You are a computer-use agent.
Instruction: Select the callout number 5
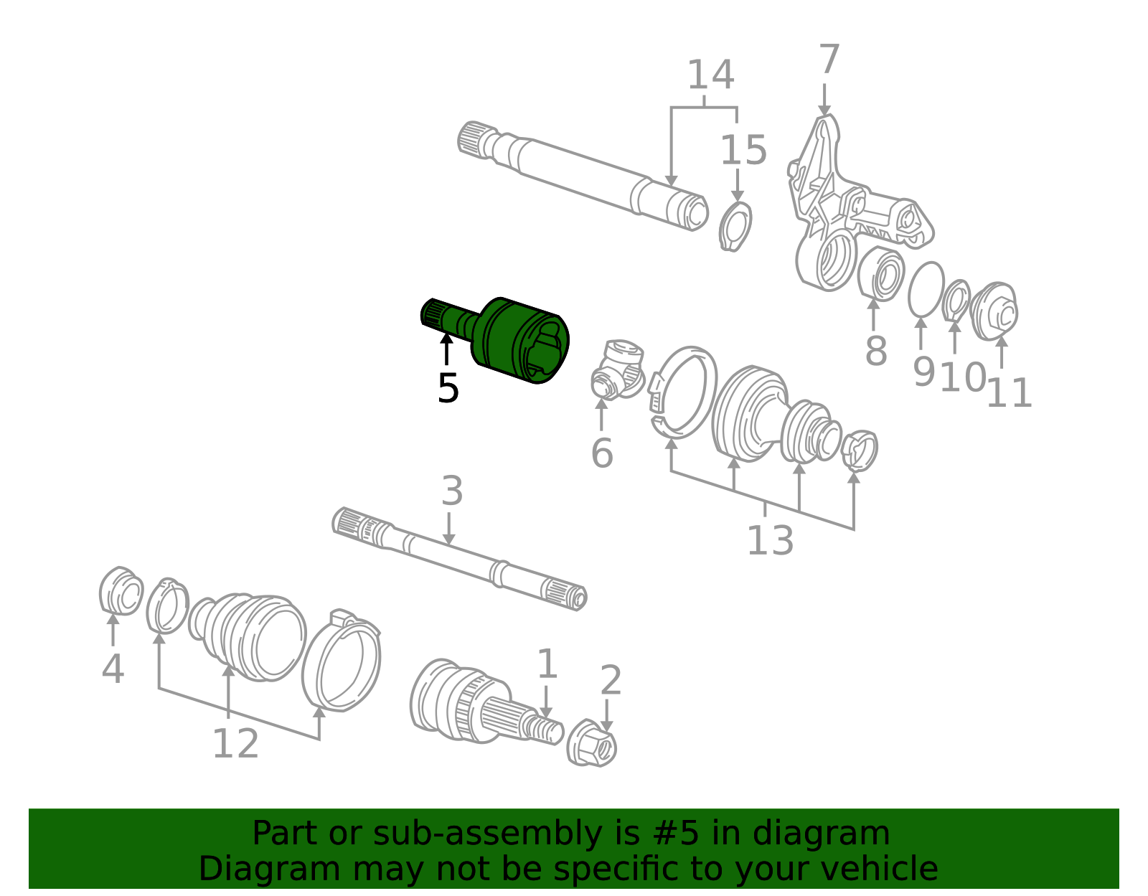coord(448,389)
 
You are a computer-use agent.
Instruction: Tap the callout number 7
coord(829,59)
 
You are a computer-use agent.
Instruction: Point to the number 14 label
coord(710,75)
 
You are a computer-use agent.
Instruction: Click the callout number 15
coord(743,151)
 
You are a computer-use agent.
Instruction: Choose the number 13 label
coord(771,541)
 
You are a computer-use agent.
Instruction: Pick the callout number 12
coord(235,744)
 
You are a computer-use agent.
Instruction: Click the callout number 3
coord(452,491)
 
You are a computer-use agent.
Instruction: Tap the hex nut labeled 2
coord(591,743)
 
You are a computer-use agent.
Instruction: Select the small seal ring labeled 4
coord(121,591)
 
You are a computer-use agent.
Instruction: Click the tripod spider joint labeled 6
coord(617,369)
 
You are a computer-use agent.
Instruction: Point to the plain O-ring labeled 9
coord(926,290)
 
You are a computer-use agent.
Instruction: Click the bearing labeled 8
coord(880,274)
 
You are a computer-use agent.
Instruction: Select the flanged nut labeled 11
coord(994,311)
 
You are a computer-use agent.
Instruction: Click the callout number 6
coord(602,453)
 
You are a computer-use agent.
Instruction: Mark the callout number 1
coord(547,665)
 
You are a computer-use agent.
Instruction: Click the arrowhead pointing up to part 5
coord(446,338)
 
